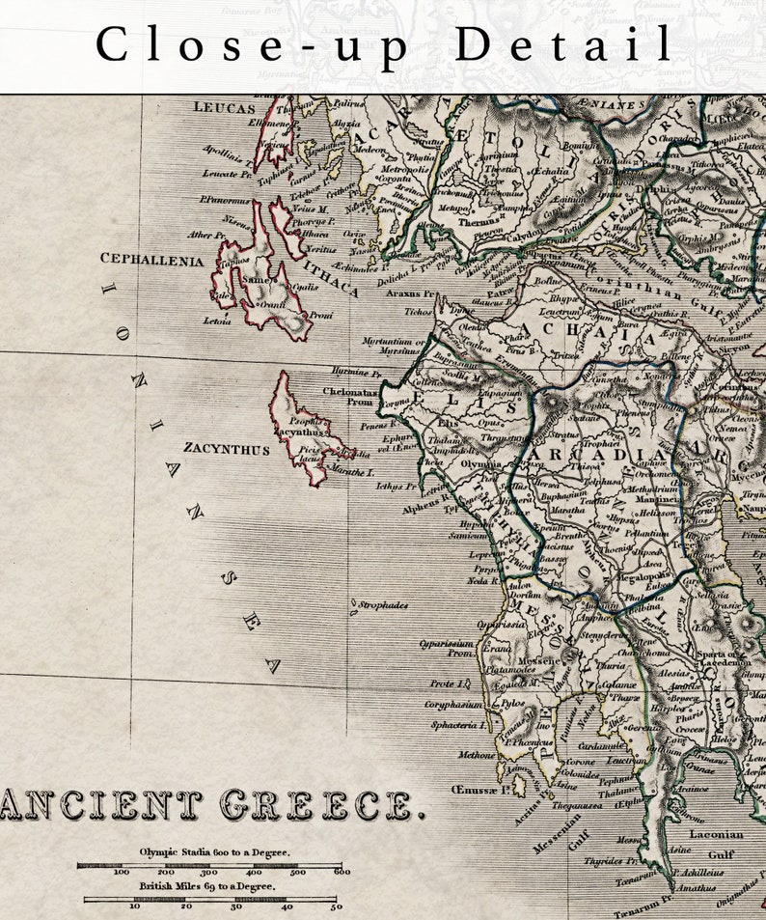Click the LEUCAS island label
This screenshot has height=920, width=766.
click(225, 108)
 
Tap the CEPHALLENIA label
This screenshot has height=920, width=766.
click(152, 260)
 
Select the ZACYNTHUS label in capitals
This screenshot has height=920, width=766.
click(227, 449)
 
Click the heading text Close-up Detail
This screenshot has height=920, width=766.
click(384, 45)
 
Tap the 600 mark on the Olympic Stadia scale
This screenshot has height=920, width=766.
click(341, 872)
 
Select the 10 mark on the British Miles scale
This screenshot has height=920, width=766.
click(134, 906)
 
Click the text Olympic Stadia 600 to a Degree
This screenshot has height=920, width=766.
click(214, 852)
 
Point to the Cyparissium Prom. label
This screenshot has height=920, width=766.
click(447, 647)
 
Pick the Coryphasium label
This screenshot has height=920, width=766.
click(451, 705)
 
